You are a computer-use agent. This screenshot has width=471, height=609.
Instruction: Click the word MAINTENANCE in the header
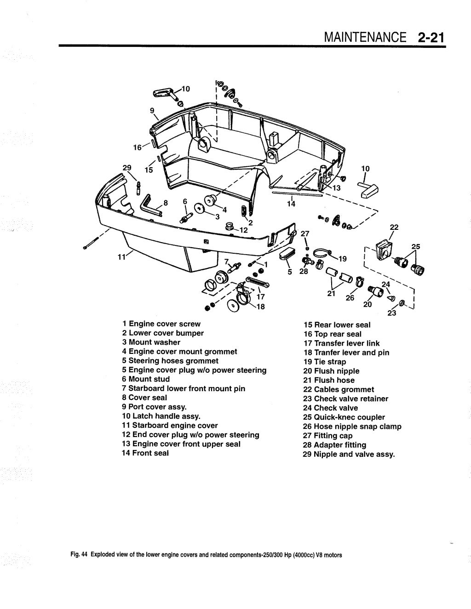coord(365,37)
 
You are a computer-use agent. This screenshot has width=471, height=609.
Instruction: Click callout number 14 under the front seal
coord(291,204)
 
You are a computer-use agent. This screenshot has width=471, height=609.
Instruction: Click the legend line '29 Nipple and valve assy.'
coord(349,455)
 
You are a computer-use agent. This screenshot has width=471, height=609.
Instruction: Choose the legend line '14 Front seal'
coord(145,453)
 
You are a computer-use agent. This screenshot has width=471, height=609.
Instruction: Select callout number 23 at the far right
coord(392,314)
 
